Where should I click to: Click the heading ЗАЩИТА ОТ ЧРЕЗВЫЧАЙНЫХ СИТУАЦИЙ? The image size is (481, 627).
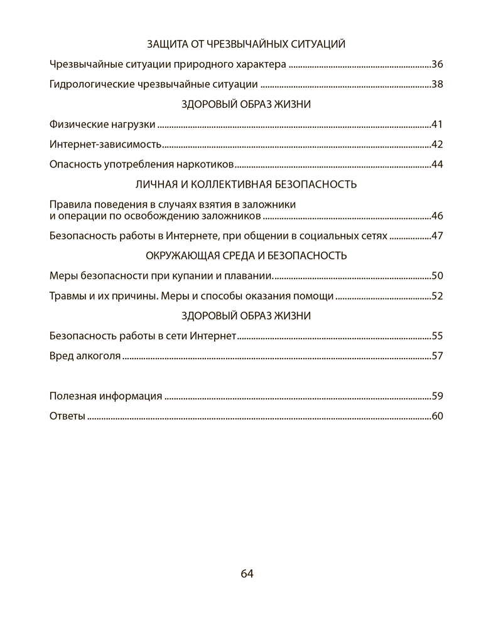click(x=246, y=45)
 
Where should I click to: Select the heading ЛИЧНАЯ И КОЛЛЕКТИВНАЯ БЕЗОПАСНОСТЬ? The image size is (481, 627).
click(x=246, y=184)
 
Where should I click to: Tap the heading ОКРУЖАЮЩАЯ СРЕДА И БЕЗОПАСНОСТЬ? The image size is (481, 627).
click(x=246, y=256)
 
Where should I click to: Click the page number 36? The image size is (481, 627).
click(x=438, y=65)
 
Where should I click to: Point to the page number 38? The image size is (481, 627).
click(x=438, y=85)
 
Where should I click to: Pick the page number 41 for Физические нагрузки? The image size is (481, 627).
click(x=438, y=125)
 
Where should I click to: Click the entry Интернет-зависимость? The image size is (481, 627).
click(x=105, y=145)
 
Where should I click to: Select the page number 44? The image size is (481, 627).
click(x=438, y=165)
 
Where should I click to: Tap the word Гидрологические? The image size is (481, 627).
click(x=90, y=85)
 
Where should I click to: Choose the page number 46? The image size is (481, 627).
click(x=438, y=216)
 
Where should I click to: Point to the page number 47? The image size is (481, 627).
click(x=438, y=236)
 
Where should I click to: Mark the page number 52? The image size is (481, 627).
click(x=438, y=296)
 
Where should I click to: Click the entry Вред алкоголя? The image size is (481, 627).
click(x=85, y=356)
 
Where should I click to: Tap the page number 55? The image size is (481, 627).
click(x=438, y=336)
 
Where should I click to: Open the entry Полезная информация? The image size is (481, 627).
click(x=105, y=396)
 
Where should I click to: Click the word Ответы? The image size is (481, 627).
click(x=67, y=416)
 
